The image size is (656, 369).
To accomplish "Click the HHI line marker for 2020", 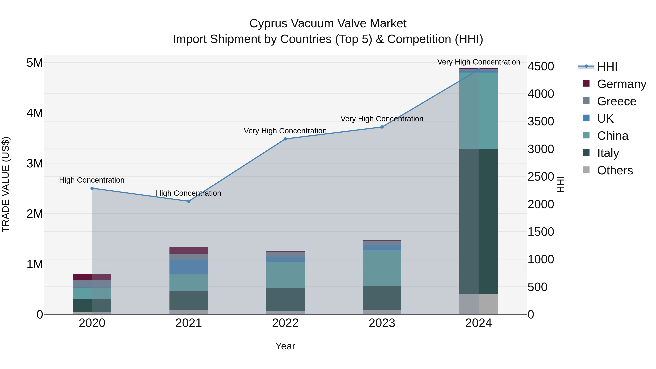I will click(92, 188).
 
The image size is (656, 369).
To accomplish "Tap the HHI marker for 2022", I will click(285, 139).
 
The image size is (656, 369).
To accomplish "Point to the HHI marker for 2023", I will click(382, 127).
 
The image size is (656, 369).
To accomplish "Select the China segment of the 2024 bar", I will click(479, 111).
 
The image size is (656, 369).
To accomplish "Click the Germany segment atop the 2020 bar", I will click(92, 277).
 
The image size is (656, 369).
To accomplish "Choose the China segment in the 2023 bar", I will click(382, 268).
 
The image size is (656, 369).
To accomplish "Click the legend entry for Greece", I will click(616, 101).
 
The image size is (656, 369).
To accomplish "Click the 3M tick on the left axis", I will click(35, 163).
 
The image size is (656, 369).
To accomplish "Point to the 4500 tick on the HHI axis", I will click(541, 67).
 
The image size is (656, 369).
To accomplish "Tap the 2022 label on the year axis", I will click(285, 323).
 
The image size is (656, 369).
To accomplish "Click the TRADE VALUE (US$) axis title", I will click(6, 184).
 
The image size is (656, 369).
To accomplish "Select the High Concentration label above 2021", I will click(188, 193).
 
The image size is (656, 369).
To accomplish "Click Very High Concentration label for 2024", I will click(479, 62).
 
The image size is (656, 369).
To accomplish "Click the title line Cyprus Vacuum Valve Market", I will click(328, 24).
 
